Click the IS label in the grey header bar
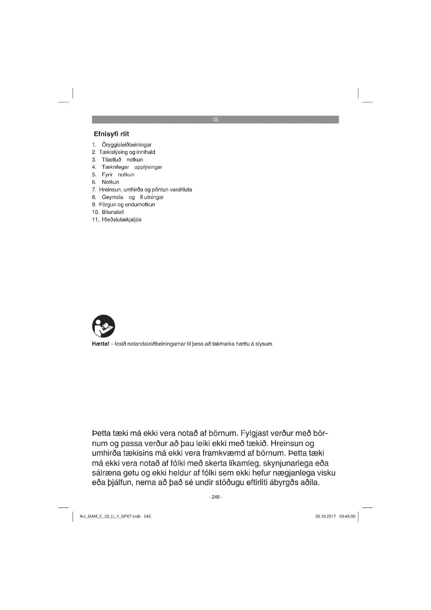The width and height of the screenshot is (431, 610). (x=215, y=119)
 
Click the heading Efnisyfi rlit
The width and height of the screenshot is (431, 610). (x=112, y=134)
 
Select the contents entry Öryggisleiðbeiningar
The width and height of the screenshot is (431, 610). (x=127, y=145)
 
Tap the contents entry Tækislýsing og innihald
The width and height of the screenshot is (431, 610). (x=127, y=152)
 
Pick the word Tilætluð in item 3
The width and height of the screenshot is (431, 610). (x=112, y=160)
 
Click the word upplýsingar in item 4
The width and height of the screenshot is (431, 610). (x=148, y=167)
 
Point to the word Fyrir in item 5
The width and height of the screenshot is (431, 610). (x=107, y=174)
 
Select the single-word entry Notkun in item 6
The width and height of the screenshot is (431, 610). (x=110, y=182)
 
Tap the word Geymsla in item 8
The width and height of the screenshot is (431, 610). (x=113, y=197)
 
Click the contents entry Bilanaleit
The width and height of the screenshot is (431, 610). (x=113, y=212)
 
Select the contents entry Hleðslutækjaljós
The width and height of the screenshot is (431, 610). (x=121, y=219)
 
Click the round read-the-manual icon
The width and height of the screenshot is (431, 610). (x=103, y=326)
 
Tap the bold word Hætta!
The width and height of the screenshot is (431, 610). (x=101, y=344)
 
